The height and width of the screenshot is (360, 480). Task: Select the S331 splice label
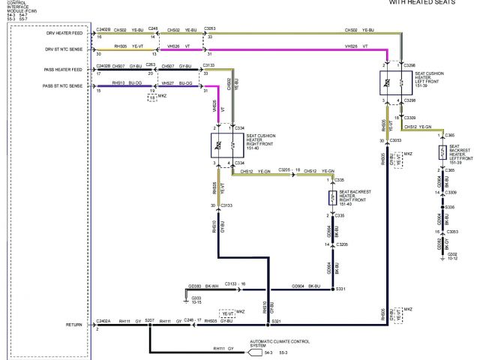coord(340,289)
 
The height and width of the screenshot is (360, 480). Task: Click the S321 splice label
coord(276,322)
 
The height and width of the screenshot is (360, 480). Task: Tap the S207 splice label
coord(150,319)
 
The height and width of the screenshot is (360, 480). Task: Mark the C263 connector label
coord(151,65)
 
